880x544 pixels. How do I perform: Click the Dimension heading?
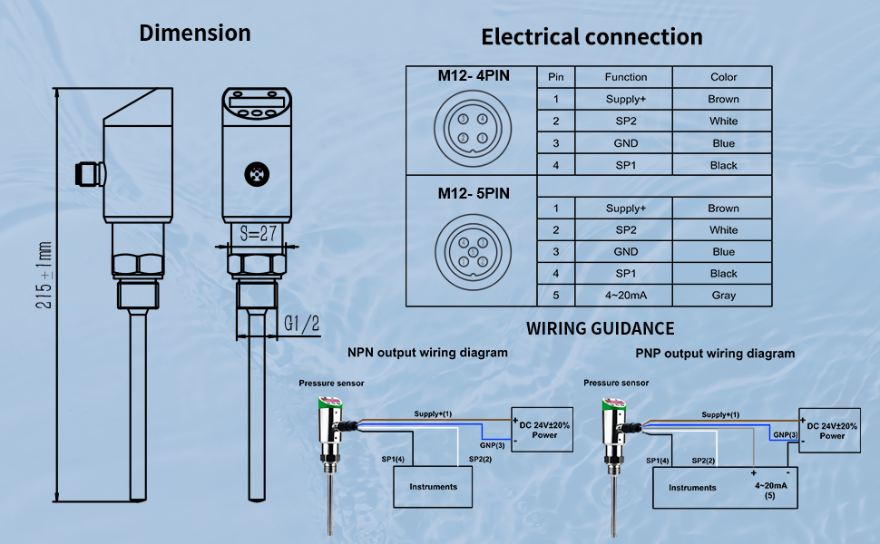194,34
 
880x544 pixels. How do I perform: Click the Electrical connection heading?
592,37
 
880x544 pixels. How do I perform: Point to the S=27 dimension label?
258,233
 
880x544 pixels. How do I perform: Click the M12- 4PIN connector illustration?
472,128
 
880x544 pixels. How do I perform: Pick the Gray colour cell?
723,296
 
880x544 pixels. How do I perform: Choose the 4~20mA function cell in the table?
626,296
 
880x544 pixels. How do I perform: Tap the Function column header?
626,77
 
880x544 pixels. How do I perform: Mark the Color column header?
723,77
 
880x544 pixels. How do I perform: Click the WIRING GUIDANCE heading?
600,328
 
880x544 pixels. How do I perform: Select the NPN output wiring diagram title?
428,352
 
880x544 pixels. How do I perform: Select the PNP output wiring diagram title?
714,354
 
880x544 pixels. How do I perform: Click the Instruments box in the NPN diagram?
434,487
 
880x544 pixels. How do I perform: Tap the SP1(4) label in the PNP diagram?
658,461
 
